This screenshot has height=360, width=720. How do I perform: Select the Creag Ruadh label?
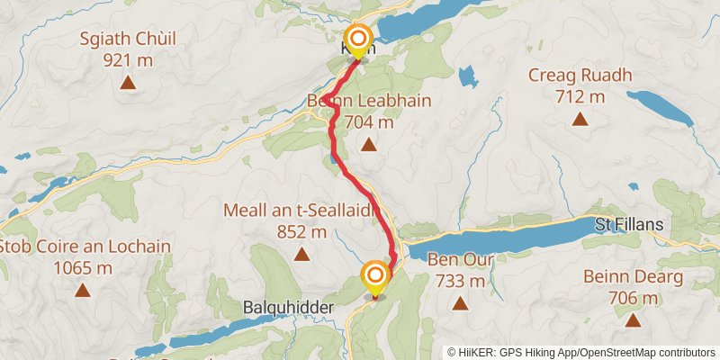point(580,75)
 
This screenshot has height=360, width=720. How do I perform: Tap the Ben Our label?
point(460,260)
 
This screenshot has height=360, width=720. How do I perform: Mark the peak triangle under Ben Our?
point(460,304)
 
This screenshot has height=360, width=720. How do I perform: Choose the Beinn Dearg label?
point(633,276)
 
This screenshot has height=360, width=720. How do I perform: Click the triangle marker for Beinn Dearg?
point(633,319)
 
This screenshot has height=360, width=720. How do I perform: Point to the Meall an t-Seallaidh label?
point(301,211)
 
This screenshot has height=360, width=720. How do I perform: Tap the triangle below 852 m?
point(301,255)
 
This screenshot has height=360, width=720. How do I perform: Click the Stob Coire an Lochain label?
point(83,247)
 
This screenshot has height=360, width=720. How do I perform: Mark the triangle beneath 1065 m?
point(83,290)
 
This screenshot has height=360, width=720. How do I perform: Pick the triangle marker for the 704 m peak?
point(367,144)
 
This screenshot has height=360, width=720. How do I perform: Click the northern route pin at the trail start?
point(358,40)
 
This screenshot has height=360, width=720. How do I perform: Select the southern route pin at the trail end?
point(375,276)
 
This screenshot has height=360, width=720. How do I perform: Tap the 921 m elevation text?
point(128,59)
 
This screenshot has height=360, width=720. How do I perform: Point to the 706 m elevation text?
point(633,297)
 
